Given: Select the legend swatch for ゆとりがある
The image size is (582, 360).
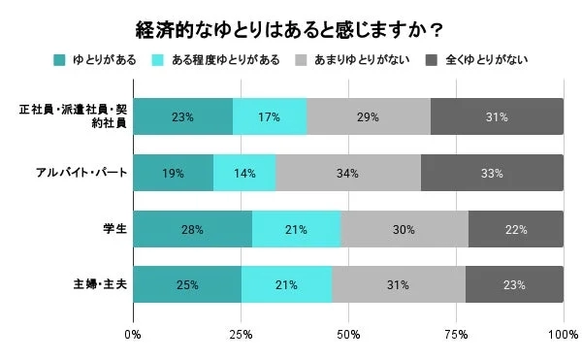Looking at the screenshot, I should [60, 60].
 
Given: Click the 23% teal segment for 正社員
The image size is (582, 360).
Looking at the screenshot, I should [182, 116].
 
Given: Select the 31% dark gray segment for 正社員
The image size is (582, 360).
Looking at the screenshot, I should [496, 116].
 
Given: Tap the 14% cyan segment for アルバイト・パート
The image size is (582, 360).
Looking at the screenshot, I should [244, 173].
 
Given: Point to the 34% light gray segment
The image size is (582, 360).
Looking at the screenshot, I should [347, 173].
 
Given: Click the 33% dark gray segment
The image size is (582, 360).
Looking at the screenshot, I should [492, 173].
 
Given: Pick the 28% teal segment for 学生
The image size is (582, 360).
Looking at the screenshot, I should [192, 229].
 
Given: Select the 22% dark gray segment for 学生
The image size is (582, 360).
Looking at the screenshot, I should [515, 229].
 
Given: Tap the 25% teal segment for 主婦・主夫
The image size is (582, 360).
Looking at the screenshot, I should [186, 285].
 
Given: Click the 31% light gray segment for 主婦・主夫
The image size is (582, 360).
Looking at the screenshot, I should [399, 285].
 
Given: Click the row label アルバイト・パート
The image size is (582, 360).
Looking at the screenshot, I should [82, 173].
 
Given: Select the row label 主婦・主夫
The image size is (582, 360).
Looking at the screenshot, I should [98, 285].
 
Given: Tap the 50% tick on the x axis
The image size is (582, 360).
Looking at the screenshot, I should [348, 335].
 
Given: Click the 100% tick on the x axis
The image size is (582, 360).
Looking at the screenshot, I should [563, 335].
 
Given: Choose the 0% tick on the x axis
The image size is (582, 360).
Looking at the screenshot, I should [134, 335].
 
